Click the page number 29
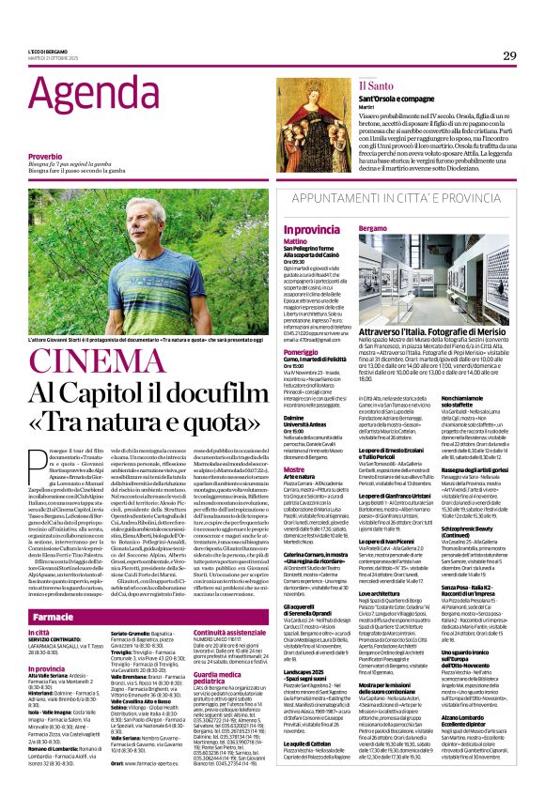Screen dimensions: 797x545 click(509, 55)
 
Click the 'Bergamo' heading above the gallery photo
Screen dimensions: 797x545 click(373, 228)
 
